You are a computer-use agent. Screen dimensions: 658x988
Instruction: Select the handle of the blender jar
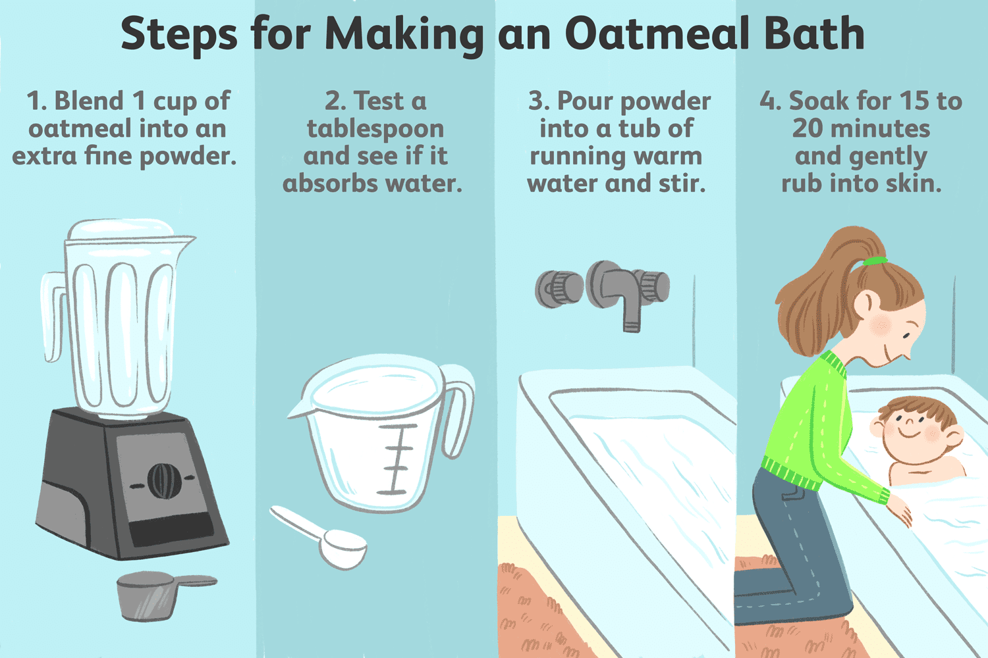tap(53, 316)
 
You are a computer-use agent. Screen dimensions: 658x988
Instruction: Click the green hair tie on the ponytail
tap(875, 261)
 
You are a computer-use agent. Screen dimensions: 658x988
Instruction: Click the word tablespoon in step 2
tap(375, 129)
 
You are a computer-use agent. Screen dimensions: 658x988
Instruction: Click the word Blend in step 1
tap(89, 101)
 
